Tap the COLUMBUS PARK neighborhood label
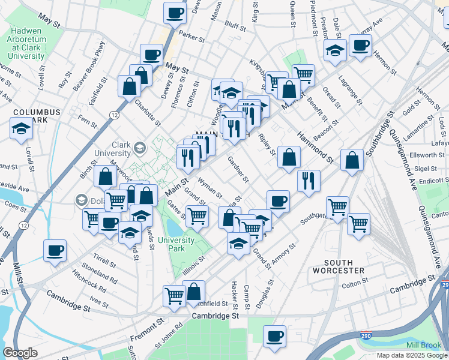pyautogui.click(x=37, y=116)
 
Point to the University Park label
pyautogui.click(x=176, y=244)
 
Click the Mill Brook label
pyautogui.click(x=423, y=346)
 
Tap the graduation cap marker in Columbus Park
pyautogui.click(x=21, y=128)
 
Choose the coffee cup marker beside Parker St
pyautogui.click(x=175, y=13)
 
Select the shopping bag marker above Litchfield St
pyautogui.click(x=194, y=292)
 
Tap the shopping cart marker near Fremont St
pyautogui.click(x=174, y=295)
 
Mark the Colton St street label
pyautogui.click(x=354, y=283)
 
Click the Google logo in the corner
pyautogui.click(x=20, y=353)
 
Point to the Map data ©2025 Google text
pyautogui.click(x=411, y=355)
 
